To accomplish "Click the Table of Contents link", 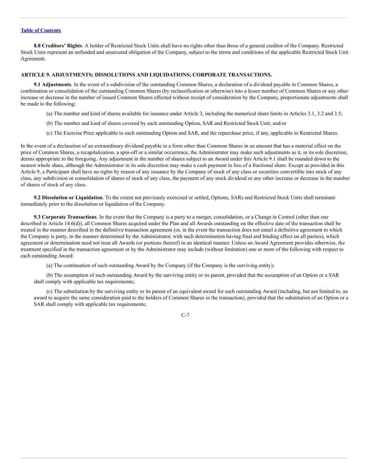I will pyautogui.click(x=41, y=30).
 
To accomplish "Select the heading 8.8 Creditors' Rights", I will pyautogui.click(x=58, y=46).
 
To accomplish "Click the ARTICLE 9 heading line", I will pyautogui.click(x=146, y=75).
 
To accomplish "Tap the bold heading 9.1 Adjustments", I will pyautogui.click(x=52, y=85).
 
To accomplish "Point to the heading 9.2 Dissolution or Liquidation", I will pyautogui.click(x=68, y=198).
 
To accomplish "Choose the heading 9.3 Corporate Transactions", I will pyautogui.click(x=65, y=217).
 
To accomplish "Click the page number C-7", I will pyautogui.click(x=185, y=315).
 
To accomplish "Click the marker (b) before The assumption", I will pyautogui.click(x=50, y=275).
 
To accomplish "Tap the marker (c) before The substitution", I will pyautogui.click(x=50, y=292).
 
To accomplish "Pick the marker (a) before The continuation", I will pyautogui.click(x=50, y=266).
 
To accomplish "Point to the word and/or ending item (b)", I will pyautogui.click(x=279, y=123).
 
